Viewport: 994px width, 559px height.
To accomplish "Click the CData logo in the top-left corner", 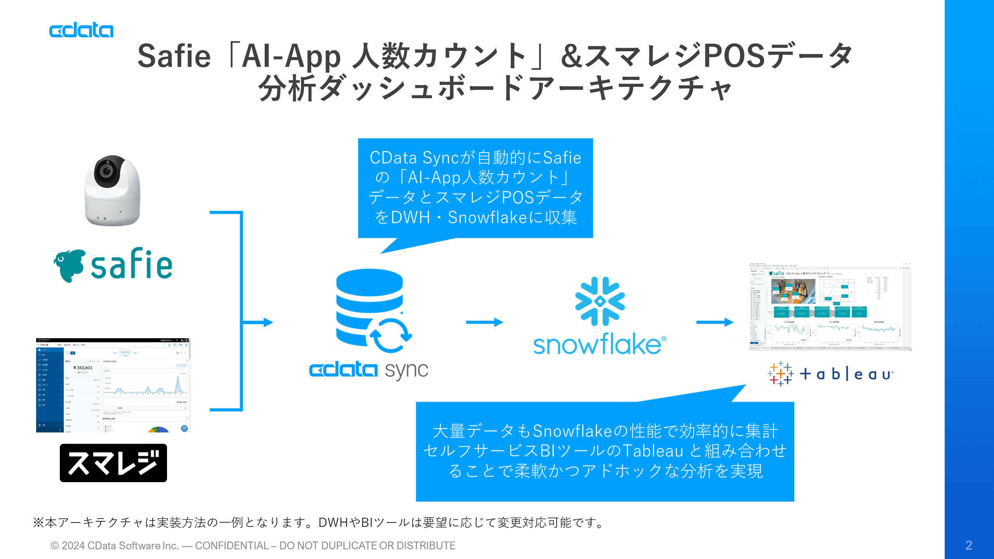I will tap(81, 31).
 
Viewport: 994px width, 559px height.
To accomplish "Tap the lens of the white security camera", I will tap(106, 170).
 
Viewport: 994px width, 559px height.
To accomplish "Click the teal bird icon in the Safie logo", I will tap(70, 265).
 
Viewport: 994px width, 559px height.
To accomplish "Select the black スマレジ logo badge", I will tap(113, 463).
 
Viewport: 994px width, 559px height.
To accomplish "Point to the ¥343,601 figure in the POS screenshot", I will tap(83, 368).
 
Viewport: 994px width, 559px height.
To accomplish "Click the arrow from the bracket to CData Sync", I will tap(258, 322).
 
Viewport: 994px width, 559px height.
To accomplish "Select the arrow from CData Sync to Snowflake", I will tap(484, 322).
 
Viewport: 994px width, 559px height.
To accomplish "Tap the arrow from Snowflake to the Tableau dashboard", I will tap(715, 322).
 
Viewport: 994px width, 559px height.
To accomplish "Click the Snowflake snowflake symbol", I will tap(600, 301).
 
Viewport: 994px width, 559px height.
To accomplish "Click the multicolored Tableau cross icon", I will tap(780, 373).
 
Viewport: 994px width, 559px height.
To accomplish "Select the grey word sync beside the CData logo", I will tap(406, 371).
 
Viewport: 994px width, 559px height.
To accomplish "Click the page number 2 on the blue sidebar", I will tap(969, 545).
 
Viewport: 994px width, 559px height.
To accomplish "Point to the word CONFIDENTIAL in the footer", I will tap(232, 546).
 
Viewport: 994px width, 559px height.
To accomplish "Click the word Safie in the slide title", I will tap(174, 56).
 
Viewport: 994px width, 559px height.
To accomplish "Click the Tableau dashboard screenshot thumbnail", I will tap(830, 307).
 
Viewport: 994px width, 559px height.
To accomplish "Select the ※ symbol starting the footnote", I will tap(38, 523).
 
